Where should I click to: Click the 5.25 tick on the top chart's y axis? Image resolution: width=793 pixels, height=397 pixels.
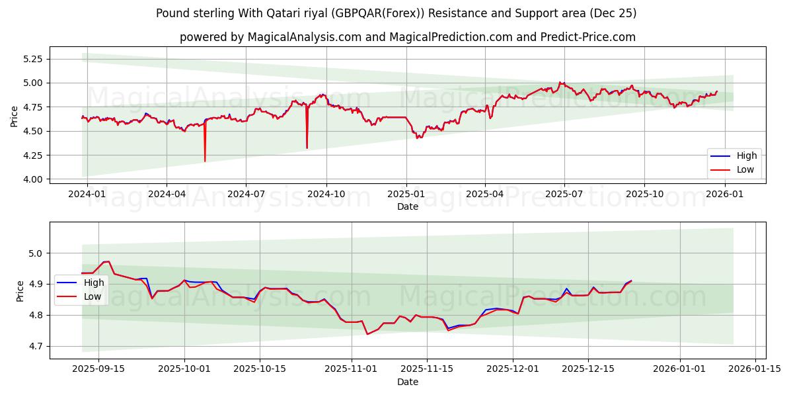(x=32, y=59)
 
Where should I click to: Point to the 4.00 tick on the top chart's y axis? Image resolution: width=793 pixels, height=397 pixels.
(x=32, y=179)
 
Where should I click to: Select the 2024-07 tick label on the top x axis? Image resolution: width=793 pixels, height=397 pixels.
(x=246, y=193)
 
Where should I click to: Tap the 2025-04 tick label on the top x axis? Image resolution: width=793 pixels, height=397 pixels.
(x=484, y=193)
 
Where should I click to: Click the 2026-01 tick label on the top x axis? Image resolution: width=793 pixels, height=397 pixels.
(x=725, y=193)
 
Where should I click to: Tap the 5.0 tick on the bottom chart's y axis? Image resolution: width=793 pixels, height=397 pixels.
(x=36, y=253)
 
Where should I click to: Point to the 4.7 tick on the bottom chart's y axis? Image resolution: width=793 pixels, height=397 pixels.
(x=36, y=346)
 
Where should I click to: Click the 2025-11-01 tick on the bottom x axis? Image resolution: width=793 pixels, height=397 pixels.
(x=352, y=369)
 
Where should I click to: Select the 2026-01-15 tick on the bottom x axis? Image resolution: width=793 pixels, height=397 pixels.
(x=754, y=369)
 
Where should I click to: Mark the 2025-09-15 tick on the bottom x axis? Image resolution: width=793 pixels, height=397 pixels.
(x=99, y=369)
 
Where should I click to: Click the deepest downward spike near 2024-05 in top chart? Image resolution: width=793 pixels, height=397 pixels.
(x=205, y=161)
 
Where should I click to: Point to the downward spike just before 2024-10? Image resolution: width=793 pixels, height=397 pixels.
(x=307, y=148)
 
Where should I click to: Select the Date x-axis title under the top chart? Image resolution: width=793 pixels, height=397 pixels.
(x=407, y=206)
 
